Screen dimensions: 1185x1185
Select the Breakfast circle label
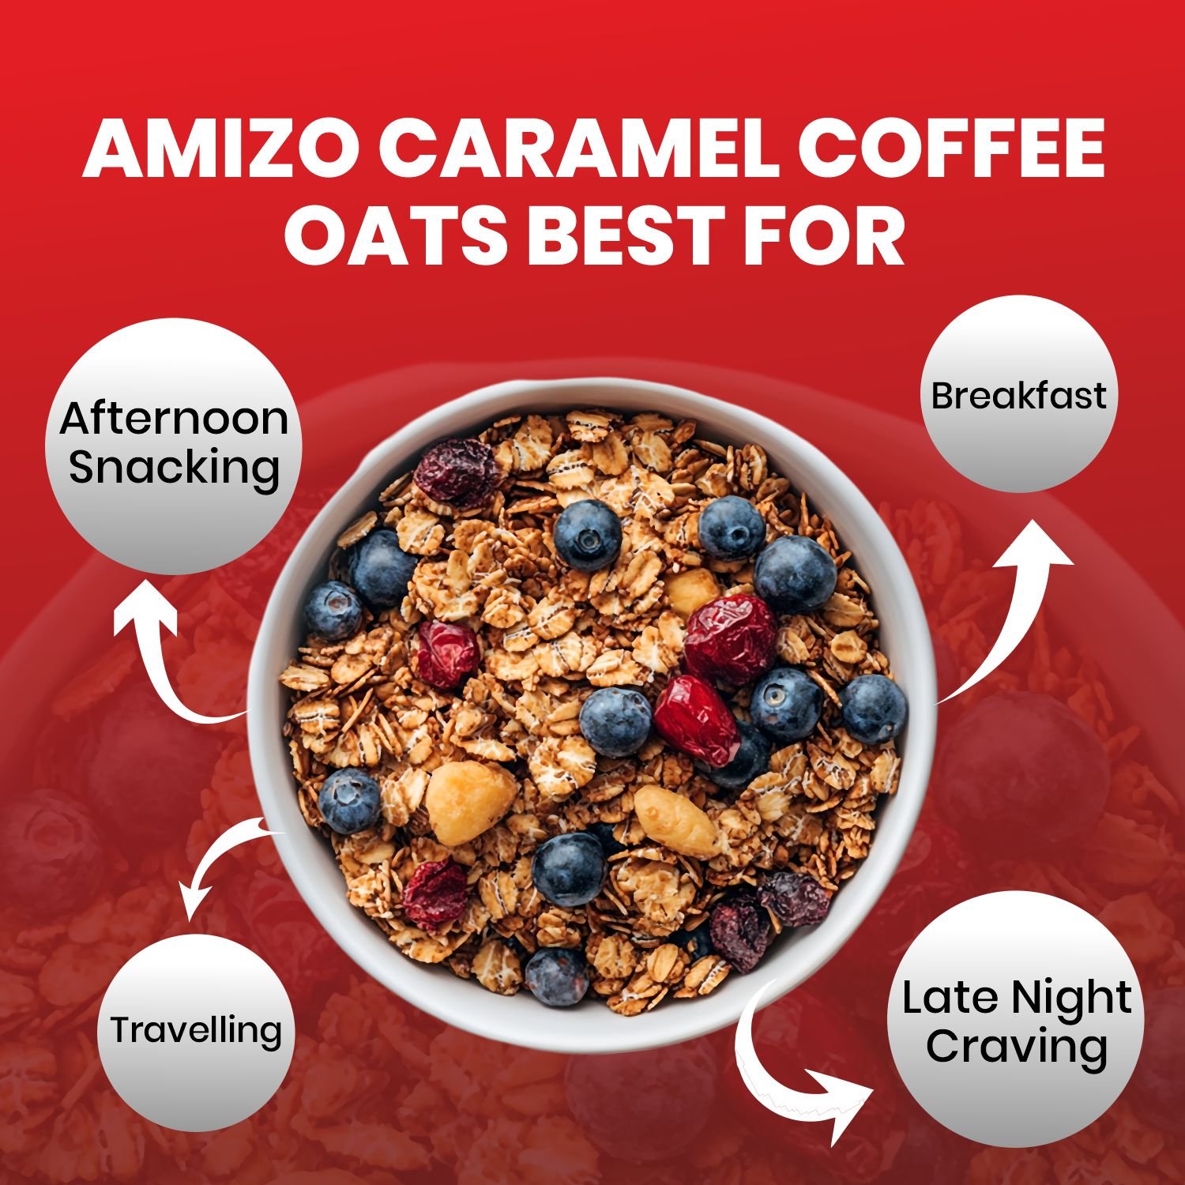click(1018, 395)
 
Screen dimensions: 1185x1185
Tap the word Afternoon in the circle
click(174, 418)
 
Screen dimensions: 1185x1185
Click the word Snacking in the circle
click(175, 468)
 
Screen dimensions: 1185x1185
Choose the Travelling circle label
click(196, 1029)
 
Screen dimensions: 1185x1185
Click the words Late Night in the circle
click(1017, 999)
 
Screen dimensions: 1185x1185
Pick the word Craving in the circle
click(1017, 1048)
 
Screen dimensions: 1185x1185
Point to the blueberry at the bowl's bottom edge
click(556, 976)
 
